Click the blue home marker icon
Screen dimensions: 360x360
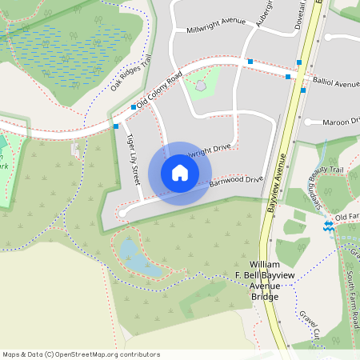point(180,174)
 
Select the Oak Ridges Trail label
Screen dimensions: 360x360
point(131,73)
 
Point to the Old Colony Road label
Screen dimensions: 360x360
point(159,90)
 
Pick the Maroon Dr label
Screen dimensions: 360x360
point(340,122)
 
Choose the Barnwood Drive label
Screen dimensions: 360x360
point(236,182)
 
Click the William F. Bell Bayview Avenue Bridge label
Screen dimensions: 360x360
point(264,280)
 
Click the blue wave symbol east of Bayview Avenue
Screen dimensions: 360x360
point(328,227)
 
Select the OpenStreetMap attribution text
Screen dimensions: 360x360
point(81,354)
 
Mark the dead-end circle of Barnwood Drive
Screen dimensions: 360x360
point(122,213)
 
